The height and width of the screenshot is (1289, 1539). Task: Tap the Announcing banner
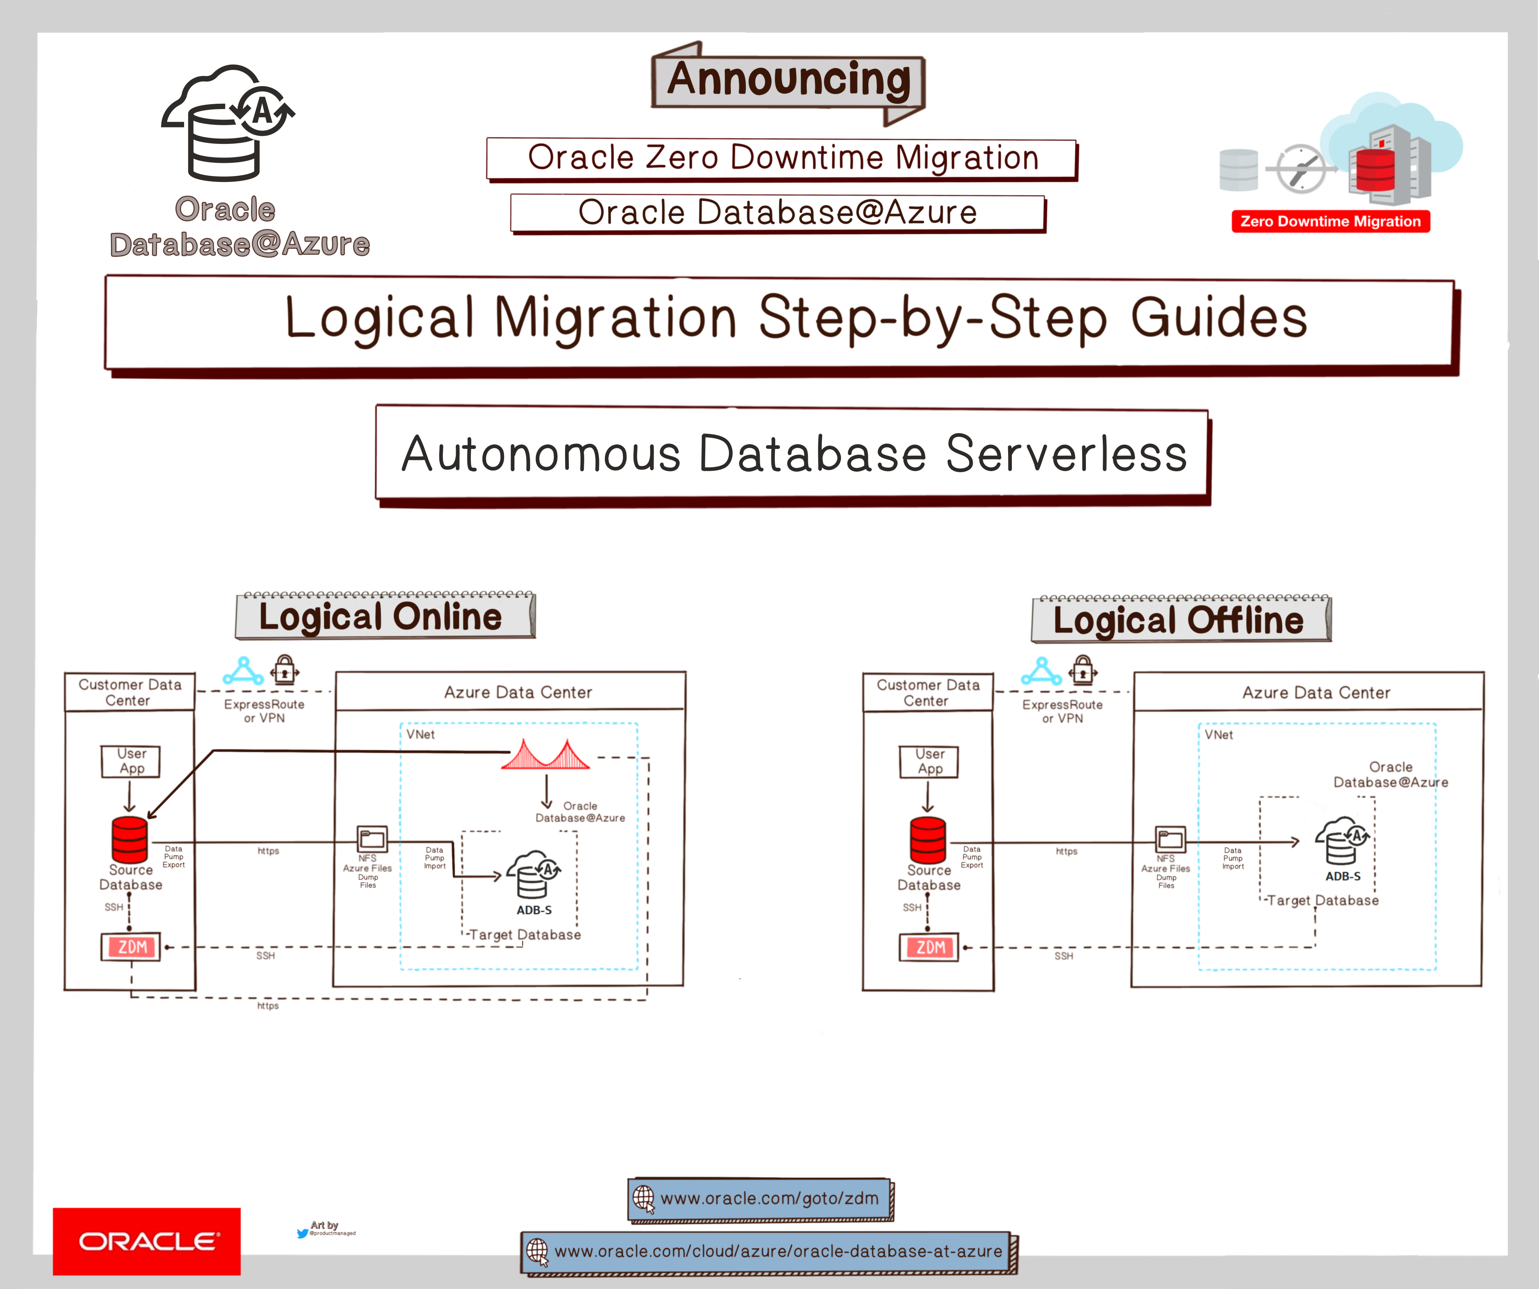tap(789, 80)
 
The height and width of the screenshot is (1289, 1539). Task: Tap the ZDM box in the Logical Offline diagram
tap(929, 947)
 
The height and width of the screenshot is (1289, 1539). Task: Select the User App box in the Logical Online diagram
tap(131, 761)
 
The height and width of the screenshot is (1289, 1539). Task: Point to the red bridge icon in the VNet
tap(545, 755)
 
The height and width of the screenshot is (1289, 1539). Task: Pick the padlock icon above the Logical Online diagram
tap(284, 669)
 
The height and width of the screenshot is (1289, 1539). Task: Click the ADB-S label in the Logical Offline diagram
tap(1342, 876)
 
